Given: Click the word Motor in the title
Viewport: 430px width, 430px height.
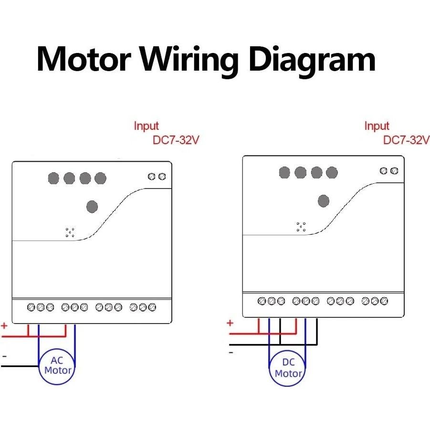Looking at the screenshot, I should [84, 59].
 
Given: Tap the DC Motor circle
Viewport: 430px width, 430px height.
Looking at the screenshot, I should [288, 368].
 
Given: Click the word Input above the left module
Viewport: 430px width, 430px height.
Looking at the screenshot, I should [146, 126].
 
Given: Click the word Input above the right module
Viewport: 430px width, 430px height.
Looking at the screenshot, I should [377, 126].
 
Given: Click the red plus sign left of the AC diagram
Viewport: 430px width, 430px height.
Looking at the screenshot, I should [4, 326].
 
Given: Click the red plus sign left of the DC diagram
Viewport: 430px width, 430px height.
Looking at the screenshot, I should [230, 323].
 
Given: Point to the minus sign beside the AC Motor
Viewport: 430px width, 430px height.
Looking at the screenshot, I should [4, 356].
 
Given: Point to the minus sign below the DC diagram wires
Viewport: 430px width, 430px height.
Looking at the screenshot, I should [231, 352].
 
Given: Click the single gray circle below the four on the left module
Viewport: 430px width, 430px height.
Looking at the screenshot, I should [92, 207].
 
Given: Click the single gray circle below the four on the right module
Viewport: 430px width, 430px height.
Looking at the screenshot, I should [323, 201].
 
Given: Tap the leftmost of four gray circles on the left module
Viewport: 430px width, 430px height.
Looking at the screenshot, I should [54, 178].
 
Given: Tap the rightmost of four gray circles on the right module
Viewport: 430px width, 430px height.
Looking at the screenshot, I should [332, 173].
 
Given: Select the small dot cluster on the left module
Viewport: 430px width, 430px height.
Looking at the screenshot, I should [70, 232].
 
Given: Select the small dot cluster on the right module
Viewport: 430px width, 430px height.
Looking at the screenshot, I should [301, 227].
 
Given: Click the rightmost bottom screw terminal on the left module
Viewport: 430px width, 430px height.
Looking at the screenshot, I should [152, 307].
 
